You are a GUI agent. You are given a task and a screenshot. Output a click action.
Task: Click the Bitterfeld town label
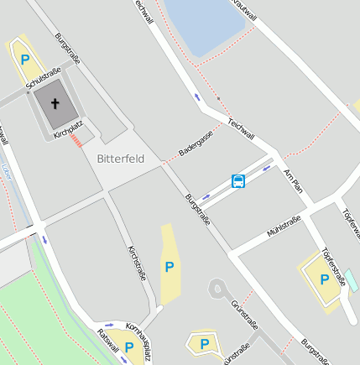click(121, 159)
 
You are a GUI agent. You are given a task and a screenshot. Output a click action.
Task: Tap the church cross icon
click(55, 105)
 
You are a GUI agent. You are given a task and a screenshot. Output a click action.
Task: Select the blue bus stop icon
click(238, 181)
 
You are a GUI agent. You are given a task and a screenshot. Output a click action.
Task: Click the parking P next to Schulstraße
click(25, 60)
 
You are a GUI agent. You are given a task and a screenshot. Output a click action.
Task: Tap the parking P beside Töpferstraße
click(323, 279)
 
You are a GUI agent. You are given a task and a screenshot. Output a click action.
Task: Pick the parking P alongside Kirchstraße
click(170, 267)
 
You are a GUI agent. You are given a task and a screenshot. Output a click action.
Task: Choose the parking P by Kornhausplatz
click(129, 347)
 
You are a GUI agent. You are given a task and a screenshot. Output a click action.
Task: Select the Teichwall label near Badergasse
click(241, 127)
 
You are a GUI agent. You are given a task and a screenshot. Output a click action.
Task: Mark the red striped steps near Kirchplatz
click(77, 142)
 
